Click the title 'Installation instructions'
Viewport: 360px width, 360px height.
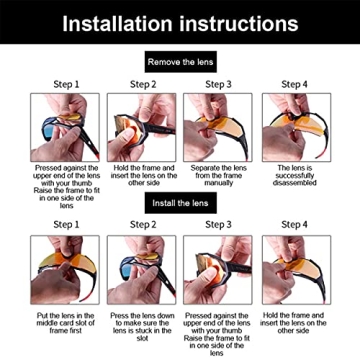coord(180,22)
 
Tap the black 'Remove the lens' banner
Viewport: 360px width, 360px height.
coord(179,62)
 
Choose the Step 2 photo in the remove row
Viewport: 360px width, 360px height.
coord(141,127)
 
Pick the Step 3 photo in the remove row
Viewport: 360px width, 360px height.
coord(218,127)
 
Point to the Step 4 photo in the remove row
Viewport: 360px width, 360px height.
coord(296,127)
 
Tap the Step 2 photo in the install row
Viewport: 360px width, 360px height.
coord(141,270)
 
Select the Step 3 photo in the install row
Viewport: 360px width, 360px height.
coord(218,270)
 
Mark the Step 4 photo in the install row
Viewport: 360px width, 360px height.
coord(296,270)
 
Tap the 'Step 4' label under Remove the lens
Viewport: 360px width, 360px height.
coord(296,85)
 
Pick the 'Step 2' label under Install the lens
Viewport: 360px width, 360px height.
coord(141,225)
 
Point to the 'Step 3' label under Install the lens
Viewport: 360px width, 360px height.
coord(218,225)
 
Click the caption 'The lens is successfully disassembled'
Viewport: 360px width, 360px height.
coord(296,176)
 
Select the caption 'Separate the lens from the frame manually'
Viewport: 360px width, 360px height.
coord(218,176)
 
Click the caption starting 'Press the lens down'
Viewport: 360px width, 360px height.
coord(141,324)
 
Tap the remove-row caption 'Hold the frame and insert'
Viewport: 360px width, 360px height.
coord(141,176)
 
